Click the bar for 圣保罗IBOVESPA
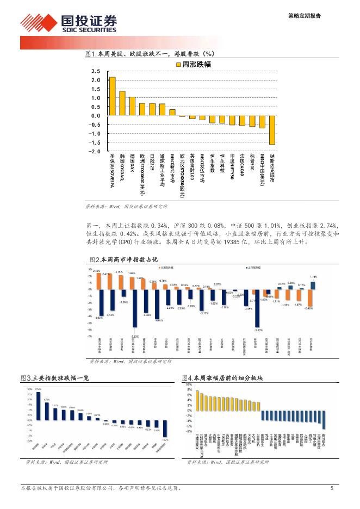(112, 96)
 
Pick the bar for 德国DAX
(132, 107)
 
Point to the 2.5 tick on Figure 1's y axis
(96, 71)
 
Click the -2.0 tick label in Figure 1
(95, 151)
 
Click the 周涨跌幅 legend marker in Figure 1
(178, 64)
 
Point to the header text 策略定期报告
(304, 16)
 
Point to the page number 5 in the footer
(331, 488)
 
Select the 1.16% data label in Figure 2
(313, 277)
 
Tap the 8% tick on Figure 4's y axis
(189, 384)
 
